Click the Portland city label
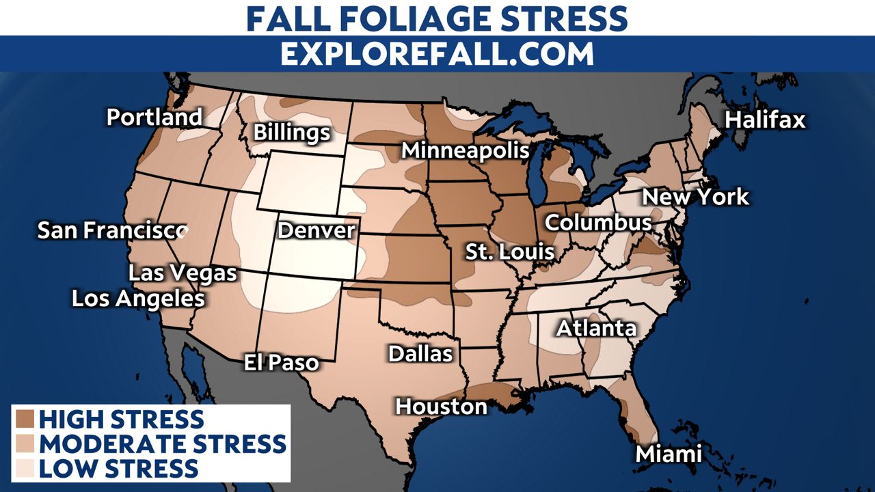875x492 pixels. click(x=154, y=118)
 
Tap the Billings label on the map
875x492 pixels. click(x=292, y=133)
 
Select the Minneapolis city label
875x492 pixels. click(x=465, y=150)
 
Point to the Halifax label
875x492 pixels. click(x=765, y=120)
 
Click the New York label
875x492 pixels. click(x=696, y=197)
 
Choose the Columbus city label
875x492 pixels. click(x=598, y=223)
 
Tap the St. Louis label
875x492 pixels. click(x=509, y=251)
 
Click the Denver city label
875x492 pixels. click(x=317, y=230)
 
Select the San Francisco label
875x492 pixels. click(x=112, y=230)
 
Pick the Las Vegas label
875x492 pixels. click(x=183, y=273)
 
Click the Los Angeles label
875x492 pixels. click(x=139, y=299)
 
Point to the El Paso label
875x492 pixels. click(x=282, y=362)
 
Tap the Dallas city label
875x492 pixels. click(x=420, y=353)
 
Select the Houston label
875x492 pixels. click(x=442, y=407)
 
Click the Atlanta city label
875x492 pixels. click(x=596, y=329)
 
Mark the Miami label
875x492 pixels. click(x=669, y=454)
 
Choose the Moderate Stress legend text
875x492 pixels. click(x=163, y=443)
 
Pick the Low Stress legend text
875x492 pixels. click(x=118, y=469)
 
